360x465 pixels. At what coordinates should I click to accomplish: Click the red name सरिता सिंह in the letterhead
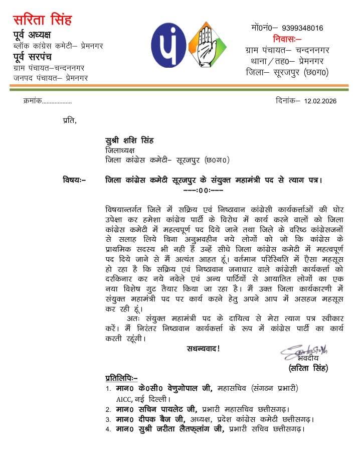(x=42, y=20)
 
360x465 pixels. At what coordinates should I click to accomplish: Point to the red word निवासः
(x=287, y=39)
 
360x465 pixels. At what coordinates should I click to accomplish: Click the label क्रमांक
(x=33, y=101)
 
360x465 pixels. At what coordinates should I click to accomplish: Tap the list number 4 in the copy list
(x=108, y=429)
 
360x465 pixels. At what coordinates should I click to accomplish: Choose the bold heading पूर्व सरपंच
(x=37, y=57)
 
